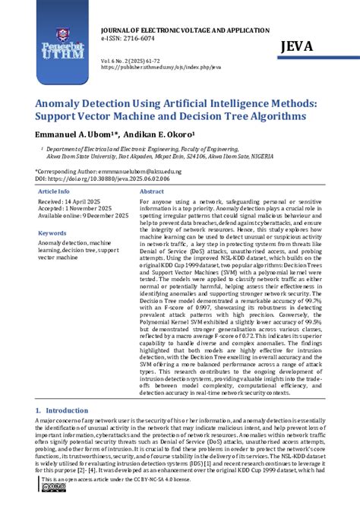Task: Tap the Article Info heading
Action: [55, 192]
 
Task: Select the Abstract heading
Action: [152, 192]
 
